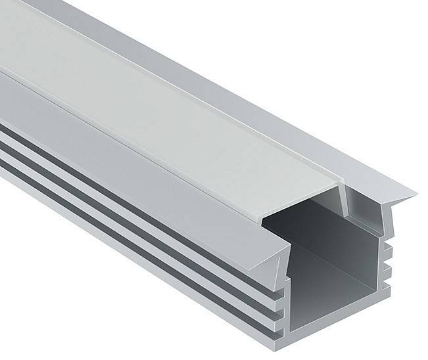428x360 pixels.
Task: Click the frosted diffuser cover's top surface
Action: coord(164,112)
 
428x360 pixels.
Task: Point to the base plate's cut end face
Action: coord(342,319)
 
